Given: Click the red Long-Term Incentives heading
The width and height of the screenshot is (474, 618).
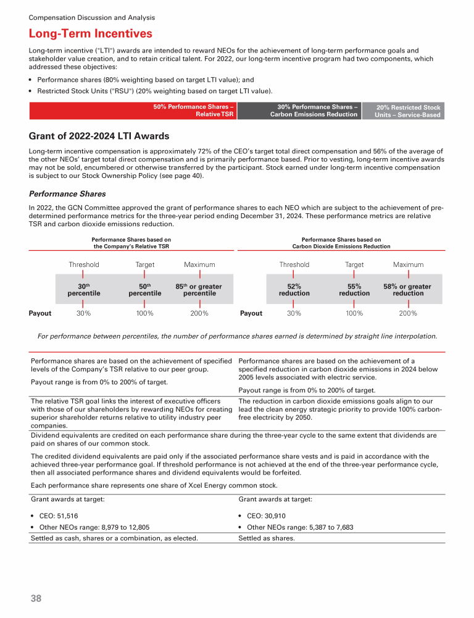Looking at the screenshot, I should click(91, 33).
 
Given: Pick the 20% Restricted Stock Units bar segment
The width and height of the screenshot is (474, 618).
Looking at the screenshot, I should click(402, 111).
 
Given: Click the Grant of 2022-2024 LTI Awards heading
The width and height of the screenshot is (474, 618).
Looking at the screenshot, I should click(99, 136).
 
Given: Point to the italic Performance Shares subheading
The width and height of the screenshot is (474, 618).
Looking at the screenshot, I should click(67, 193).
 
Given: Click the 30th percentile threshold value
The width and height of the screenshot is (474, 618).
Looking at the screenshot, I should click(84, 290).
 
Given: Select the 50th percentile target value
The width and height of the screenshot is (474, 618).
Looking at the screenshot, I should click(144, 290).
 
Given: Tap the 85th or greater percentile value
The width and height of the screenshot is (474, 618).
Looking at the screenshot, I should click(199, 290).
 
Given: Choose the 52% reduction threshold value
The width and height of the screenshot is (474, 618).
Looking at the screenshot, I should click(294, 290).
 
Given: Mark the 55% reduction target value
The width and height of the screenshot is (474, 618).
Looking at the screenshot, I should click(354, 290).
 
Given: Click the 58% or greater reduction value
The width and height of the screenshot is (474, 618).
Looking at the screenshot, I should click(408, 290).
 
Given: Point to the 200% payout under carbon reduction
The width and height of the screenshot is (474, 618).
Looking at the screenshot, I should click(408, 313).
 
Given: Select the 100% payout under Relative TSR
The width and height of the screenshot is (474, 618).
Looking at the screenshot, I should click(144, 313).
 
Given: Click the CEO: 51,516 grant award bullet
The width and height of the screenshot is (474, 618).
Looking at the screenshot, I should click(57, 515).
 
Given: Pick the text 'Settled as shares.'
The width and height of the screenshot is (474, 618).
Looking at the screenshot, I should click(266, 538).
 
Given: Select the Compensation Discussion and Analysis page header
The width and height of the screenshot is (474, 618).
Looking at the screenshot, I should click(92, 18).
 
